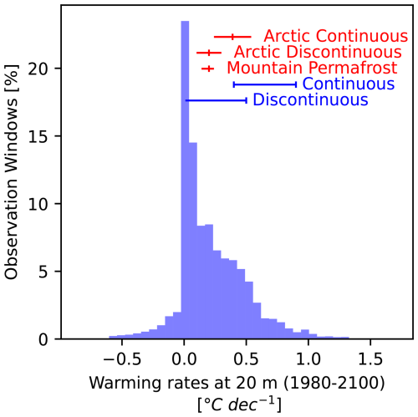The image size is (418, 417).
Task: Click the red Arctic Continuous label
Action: (335, 37)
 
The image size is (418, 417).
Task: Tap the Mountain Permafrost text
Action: (311, 68)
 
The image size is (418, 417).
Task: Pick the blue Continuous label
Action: (349, 84)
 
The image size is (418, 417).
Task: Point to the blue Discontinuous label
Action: (310, 100)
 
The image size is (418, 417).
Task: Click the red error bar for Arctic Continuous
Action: (232, 37)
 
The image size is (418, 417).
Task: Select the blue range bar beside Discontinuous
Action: (217, 100)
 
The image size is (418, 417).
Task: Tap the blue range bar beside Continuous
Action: (264, 84)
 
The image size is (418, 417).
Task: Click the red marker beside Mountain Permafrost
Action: (208, 68)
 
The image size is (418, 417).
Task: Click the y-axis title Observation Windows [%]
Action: (14, 175)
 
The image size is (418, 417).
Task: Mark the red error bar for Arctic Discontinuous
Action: (206, 53)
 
